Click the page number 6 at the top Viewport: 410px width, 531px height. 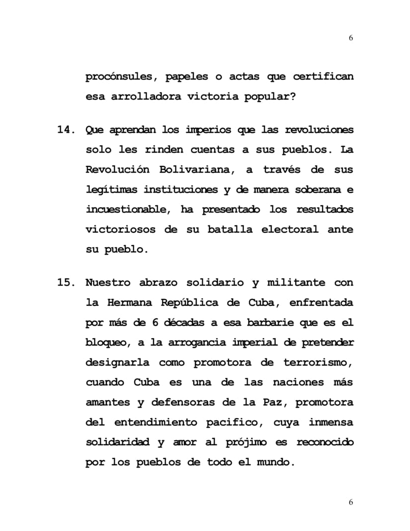[x=351, y=38]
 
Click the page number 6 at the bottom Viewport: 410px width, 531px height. [x=351, y=502]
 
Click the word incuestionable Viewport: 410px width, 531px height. [x=126, y=210]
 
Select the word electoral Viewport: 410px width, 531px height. [x=289, y=230]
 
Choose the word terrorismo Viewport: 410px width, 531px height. [x=319, y=362]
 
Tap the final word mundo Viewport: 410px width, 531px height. [x=275, y=462]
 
